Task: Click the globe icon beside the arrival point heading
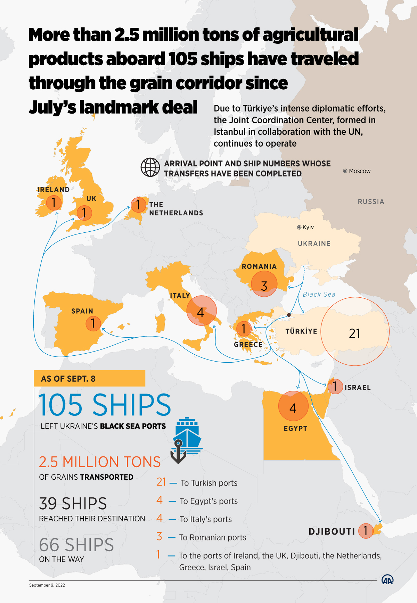[150, 167]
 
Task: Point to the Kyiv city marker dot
[299, 227]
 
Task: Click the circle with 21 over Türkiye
[355, 332]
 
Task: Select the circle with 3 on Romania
[264, 284]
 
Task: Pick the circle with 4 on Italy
[202, 311]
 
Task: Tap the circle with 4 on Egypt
[293, 406]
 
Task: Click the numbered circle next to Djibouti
[366, 531]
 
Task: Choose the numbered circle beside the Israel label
[335, 386]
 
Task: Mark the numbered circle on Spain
[93, 323]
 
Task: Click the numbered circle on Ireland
[54, 203]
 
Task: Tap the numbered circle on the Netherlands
[138, 205]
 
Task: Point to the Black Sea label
[319, 295]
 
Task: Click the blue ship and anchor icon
[186, 439]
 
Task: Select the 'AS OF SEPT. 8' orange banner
[89, 378]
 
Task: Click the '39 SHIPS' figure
[73, 503]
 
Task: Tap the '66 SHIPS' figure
[76, 545]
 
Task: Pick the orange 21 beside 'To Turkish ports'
[161, 482]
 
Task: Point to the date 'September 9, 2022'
[47, 585]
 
